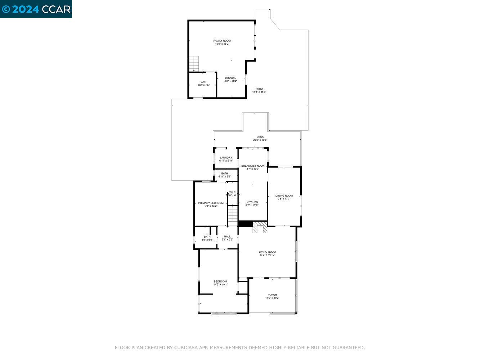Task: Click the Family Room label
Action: coord(222,41)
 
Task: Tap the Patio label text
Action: coord(259,89)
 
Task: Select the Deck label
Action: coord(260,137)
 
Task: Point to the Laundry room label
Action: coord(226,158)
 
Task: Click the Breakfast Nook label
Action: coord(252,166)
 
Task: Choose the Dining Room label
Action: coord(284,196)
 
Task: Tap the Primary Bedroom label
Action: coord(211,203)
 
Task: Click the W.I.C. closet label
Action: coord(232,192)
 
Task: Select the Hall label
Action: coord(227,237)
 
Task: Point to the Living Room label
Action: coord(267,252)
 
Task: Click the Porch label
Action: coord(272,295)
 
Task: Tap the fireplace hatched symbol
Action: coord(259,228)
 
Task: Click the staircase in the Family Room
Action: coord(194,64)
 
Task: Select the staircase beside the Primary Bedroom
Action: coord(233,215)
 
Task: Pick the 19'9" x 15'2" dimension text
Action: coord(222,44)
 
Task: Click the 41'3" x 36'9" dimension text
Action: coord(259,92)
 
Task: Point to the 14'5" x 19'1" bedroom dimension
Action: coord(220,285)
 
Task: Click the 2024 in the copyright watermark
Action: coord(25,9)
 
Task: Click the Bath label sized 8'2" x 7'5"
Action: coord(204,82)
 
